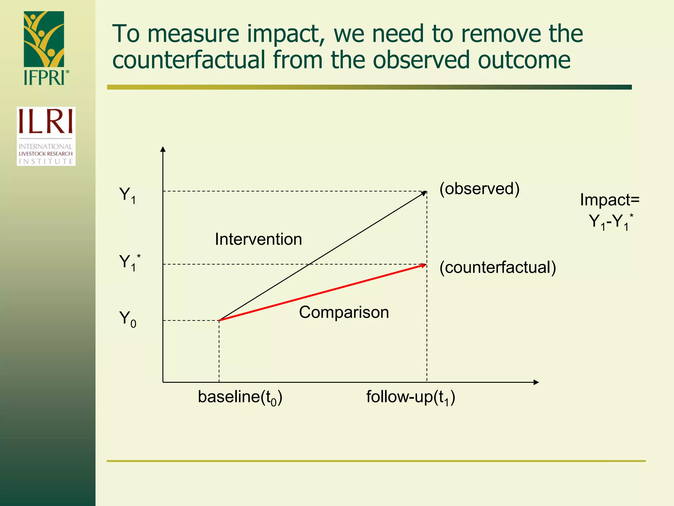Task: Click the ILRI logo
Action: (x=46, y=136)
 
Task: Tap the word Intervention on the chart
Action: (x=258, y=239)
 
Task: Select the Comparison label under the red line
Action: (x=344, y=312)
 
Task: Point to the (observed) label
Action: (x=480, y=189)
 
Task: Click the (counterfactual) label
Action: (x=498, y=267)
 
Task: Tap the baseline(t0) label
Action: (x=240, y=397)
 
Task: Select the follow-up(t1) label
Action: (x=411, y=397)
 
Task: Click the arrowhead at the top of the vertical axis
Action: (x=163, y=149)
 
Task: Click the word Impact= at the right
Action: (x=609, y=200)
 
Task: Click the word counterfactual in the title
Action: (x=189, y=60)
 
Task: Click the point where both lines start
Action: (x=220, y=320)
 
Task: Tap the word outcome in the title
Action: (x=524, y=60)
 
